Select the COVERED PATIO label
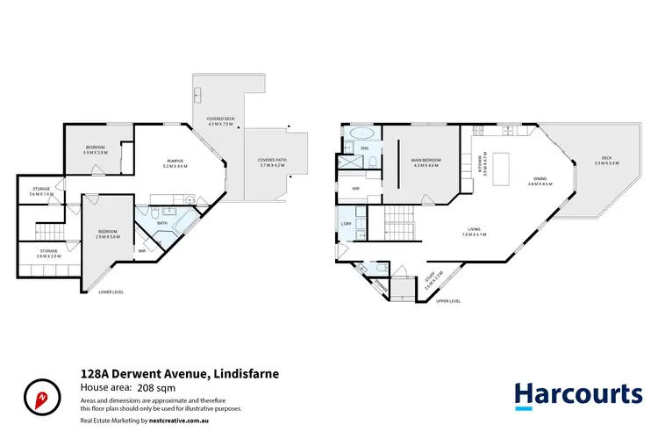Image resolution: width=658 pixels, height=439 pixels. (x=272, y=160)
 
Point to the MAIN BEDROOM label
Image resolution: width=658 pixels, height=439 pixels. (x=426, y=160)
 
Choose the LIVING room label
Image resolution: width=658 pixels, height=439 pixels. (x=474, y=230)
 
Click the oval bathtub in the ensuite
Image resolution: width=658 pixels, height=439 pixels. (x=361, y=134)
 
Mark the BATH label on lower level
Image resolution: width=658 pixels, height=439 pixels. (x=161, y=223)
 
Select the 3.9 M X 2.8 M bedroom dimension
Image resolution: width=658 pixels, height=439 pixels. (x=95, y=153)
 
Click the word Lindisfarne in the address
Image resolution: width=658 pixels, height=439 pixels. (x=246, y=374)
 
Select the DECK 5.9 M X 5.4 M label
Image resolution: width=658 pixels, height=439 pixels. (x=606, y=161)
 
